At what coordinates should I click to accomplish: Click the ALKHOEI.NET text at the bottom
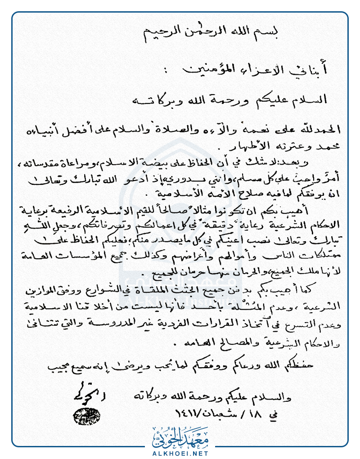click(180, 451)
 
